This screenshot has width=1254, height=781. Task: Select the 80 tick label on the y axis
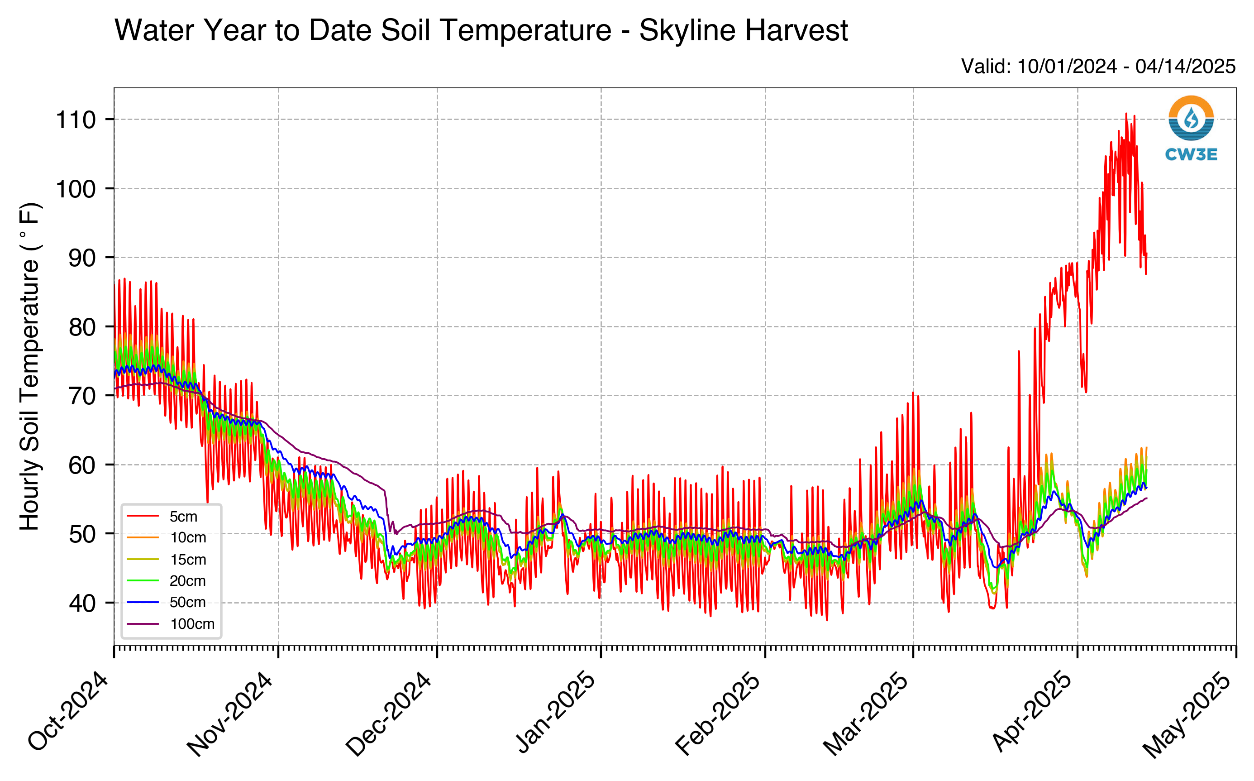tap(83, 327)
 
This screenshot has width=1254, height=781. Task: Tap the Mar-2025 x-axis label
tap(866, 714)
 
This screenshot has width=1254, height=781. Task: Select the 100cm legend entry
tap(170, 624)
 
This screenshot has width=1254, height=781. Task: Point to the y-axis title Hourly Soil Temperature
tap(29, 367)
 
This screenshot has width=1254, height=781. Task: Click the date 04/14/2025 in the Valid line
tap(1185, 67)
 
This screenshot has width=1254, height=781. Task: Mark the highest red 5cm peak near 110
tap(1126, 114)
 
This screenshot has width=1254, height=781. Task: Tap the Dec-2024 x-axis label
tap(388, 714)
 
